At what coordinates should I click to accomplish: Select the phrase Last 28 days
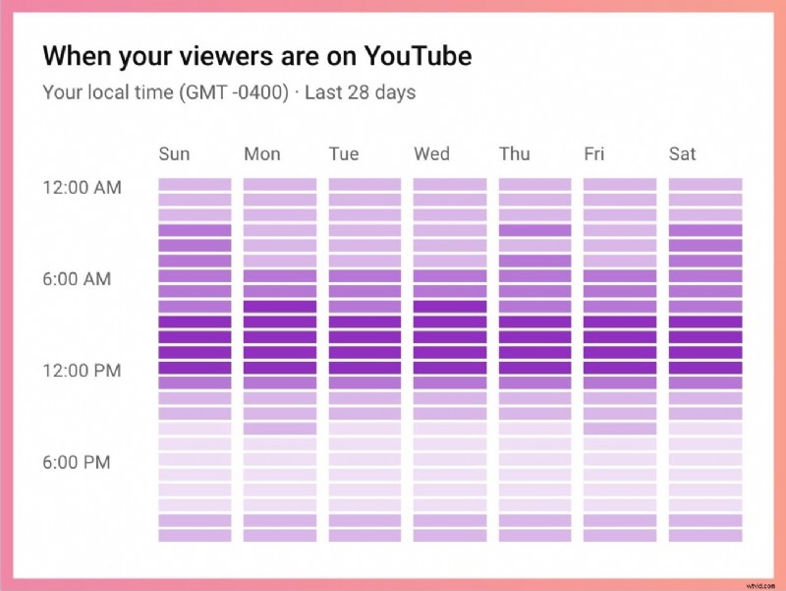click(360, 93)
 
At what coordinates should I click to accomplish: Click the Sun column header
click(174, 153)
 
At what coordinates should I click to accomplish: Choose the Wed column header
click(431, 153)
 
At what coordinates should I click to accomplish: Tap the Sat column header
click(682, 153)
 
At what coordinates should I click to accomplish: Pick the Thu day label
click(514, 153)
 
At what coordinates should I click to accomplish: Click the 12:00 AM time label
click(82, 187)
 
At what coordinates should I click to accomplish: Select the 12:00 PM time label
click(82, 371)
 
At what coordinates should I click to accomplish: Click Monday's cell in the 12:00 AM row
click(280, 184)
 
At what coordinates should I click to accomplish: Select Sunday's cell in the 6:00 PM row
click(195, 459)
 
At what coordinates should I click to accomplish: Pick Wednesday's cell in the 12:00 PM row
click(449, 368)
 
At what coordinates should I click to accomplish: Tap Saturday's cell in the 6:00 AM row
click(705, 276)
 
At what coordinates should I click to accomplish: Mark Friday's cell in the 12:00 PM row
click(620, 368)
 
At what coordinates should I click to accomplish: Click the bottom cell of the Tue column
click(365, 536)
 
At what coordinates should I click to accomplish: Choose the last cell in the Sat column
click(705, 536)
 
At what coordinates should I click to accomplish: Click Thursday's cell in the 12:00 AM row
click(534, 184)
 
